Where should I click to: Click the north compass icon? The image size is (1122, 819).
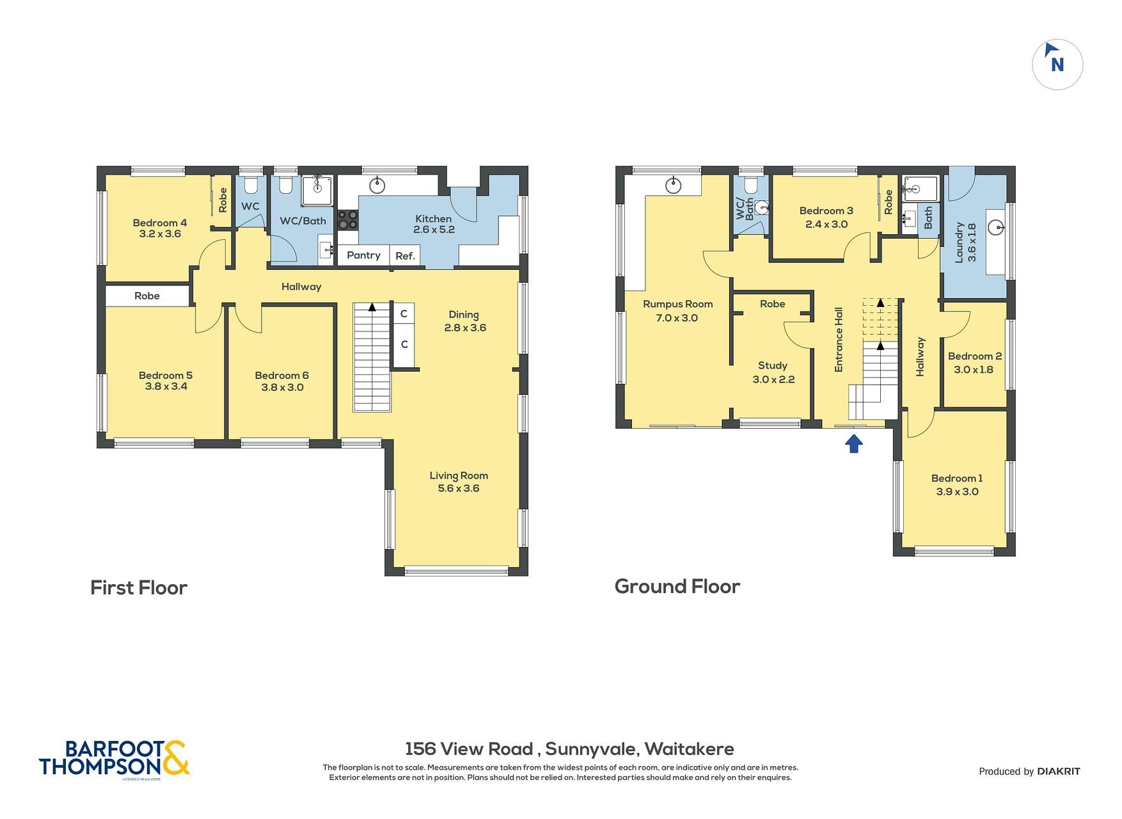(1057, 65)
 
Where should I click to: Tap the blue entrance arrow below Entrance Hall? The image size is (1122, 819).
(854, 443)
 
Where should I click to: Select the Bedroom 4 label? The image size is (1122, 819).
(160, 223)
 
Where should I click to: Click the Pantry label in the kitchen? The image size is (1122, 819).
(363, 255)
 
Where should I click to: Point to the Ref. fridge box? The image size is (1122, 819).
(405, 256)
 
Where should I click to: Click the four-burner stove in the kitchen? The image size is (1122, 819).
(348, 220)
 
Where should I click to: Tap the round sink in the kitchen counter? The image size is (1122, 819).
(378, 186)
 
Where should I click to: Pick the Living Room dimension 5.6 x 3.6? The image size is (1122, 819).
(459, 488)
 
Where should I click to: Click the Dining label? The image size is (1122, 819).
(464, 315)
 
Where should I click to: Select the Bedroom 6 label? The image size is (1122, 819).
(282, 376)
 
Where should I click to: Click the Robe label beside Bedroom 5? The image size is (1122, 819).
(147, 296)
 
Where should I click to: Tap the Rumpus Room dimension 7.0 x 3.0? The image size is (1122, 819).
(677, 318)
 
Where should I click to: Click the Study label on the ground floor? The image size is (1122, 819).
(773, 365)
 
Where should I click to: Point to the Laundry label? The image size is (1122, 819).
(959, 243)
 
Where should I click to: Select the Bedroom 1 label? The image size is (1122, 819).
(957, 479)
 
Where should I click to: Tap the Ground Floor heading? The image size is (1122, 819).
(677, 586)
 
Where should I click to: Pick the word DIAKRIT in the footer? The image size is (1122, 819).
(1059, 771)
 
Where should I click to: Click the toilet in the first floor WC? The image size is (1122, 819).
(250, 186)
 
